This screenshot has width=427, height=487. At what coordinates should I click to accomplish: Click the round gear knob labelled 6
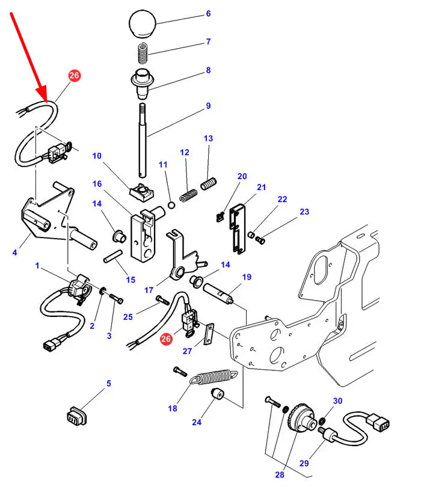tap(143, 25)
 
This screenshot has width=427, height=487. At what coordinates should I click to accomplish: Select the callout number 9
tap(208, 106)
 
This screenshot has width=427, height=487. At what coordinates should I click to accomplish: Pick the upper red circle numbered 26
tap(74, 76)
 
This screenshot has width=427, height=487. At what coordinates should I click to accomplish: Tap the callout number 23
tap(304, 212)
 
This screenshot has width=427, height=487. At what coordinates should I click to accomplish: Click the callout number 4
tap(14, 253)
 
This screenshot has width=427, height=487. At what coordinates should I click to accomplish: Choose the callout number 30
tap(337, 401)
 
